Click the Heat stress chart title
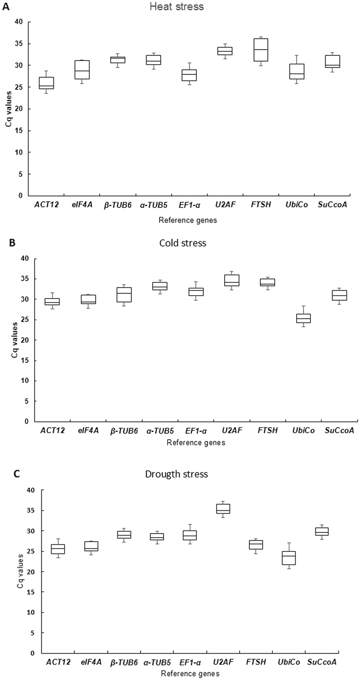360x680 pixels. click(x=177, y=6)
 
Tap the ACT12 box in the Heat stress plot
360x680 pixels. click(x=46, y=83)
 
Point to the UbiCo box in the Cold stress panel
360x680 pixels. click(x=303, y=318)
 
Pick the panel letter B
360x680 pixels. click(x=12, y=243)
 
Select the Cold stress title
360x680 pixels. click(x=183, y=243)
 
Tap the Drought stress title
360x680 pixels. click(x=177, y=474)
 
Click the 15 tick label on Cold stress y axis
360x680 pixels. click(x=24, y=361)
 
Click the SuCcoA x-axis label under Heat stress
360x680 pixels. click(x=335, y=205)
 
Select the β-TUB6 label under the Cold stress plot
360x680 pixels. click(x=124, y=431)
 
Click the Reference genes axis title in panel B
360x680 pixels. click(x=196, y=443)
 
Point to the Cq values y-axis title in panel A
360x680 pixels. click(x=8, y=109)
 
